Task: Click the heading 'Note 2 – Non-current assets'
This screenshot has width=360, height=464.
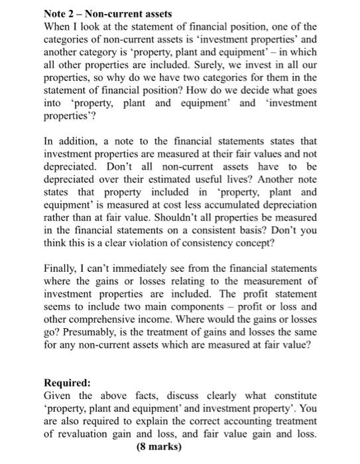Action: [x=107, y=13]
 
